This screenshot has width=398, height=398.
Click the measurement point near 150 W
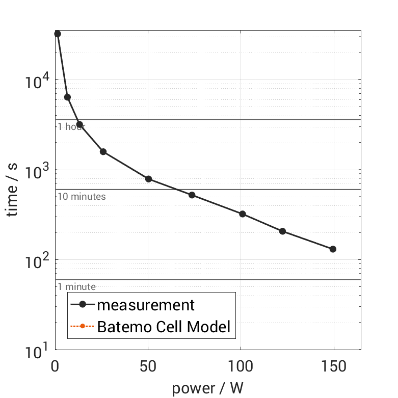click(333, 249)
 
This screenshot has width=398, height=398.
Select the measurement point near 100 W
click(243, 214)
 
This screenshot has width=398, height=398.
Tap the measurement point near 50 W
click(149, 179)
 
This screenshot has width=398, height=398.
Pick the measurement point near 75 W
click(192, 195)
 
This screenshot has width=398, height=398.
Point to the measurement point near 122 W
click(282, 231)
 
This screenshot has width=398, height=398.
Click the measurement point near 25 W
click(103, 152)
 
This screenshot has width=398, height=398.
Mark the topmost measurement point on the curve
click(58, 34)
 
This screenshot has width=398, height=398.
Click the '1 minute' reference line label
click(76, 287)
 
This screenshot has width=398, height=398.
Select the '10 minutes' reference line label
click(82, 197)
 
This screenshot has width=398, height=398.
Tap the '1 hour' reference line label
click(71, 126)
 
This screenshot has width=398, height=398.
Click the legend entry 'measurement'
click(146, 305)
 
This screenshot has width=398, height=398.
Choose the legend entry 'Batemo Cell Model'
click(164, 326)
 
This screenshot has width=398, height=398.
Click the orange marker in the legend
click(83, 326)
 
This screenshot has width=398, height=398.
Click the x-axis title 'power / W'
click(207, 388)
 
